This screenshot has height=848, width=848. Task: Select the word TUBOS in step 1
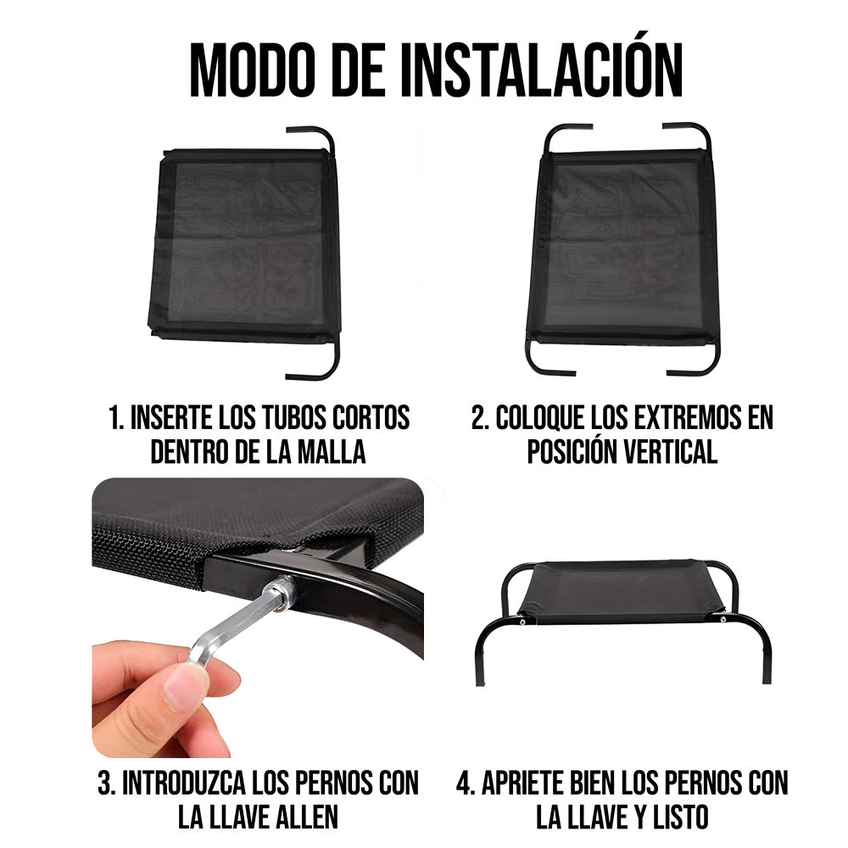pyautogui.click(x=294, y=418)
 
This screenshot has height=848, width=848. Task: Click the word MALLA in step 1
pyautogui.click(x=332, y=452)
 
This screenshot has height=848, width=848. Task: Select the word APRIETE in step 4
pyautogui.click(x=521, y=783)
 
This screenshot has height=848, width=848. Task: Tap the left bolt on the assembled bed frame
pyautogui.click(x=523, y=622)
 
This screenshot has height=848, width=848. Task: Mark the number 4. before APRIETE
pyautogui.click(x=465, y=783)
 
